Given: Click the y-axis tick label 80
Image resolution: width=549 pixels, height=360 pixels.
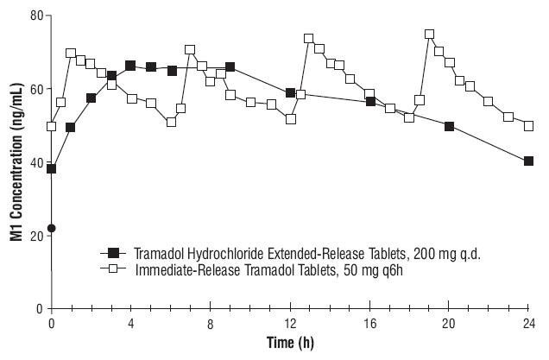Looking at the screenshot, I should click(35, 16).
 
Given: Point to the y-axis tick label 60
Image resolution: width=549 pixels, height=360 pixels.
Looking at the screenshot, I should click(35, 89).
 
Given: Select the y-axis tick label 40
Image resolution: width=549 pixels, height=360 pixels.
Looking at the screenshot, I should click(35, 162).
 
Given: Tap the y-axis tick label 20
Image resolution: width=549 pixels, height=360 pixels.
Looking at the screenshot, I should click(35, 236).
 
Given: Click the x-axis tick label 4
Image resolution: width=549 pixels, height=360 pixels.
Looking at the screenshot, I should click(130, 322).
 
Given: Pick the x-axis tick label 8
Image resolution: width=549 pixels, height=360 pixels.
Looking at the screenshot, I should click(210, 322).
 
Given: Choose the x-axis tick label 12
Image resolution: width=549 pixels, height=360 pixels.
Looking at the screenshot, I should click(290, 322).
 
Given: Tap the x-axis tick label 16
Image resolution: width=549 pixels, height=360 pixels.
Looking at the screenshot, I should click(369, 322).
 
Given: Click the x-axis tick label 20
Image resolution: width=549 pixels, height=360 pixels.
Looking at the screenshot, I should click(449, 322).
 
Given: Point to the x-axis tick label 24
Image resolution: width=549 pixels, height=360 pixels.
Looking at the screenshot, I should click(528, 322).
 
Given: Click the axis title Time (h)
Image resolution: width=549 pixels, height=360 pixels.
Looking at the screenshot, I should click(290, 344).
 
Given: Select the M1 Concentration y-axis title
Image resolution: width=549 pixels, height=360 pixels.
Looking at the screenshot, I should click(15, 161).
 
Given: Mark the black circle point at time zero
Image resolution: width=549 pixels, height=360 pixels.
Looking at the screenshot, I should click(52, 228).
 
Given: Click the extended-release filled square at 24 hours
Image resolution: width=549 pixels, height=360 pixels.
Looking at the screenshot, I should click(528, 161).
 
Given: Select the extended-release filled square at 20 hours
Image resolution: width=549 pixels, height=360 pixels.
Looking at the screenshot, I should click(449, 126).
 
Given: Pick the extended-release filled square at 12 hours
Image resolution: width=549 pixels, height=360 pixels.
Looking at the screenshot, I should click(291, 92).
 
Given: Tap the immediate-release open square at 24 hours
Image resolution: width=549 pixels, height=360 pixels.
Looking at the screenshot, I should click(528, 125).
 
